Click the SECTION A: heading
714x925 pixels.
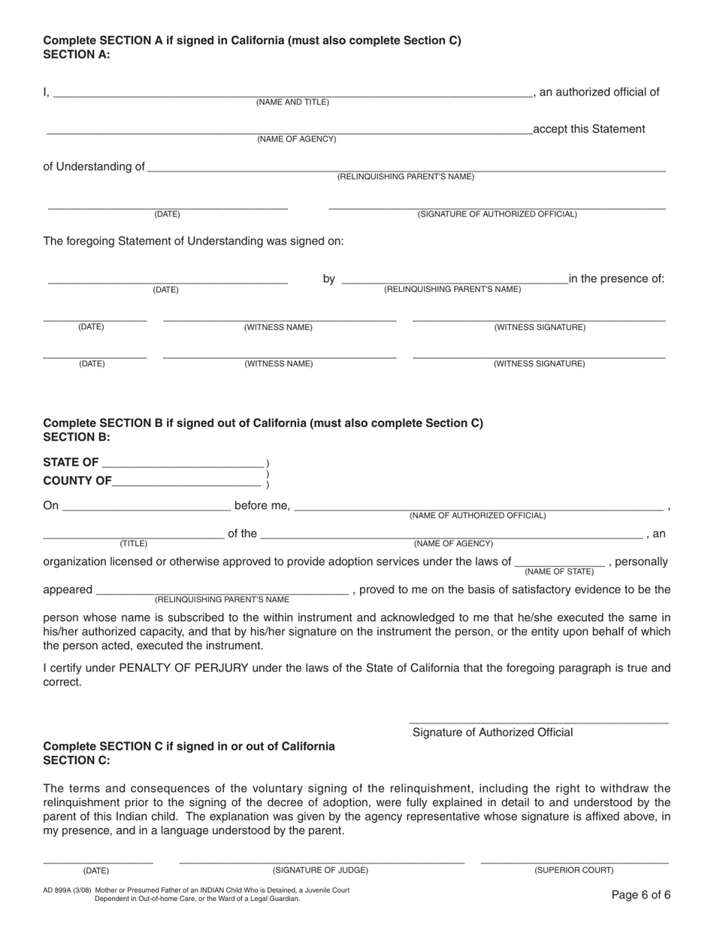(x=77, y=54)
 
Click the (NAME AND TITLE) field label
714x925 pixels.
(x=292, y=102)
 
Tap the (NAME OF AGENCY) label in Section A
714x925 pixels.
(x=297, y=139)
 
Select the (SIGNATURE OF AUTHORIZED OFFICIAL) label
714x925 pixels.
(x=498, y=214)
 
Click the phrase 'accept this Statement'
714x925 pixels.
(x=588, y=129)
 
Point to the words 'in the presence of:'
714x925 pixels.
(x=616, y=279)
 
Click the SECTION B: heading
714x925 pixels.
(x=77, y=437)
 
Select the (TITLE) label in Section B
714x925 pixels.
(x=134, y=544)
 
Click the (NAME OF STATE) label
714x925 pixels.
(x=559, y=572)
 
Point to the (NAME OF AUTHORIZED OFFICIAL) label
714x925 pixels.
(x=477, y=516)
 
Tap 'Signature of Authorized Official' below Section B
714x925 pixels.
(x=492, y=732)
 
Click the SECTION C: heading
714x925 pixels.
(x=77, y=760)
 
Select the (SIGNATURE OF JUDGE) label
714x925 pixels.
(x=320, y=870)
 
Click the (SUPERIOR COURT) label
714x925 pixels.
(x=573, y=870)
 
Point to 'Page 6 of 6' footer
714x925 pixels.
(x=640, y=895)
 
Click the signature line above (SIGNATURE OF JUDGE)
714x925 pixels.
(x=322, y=861)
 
